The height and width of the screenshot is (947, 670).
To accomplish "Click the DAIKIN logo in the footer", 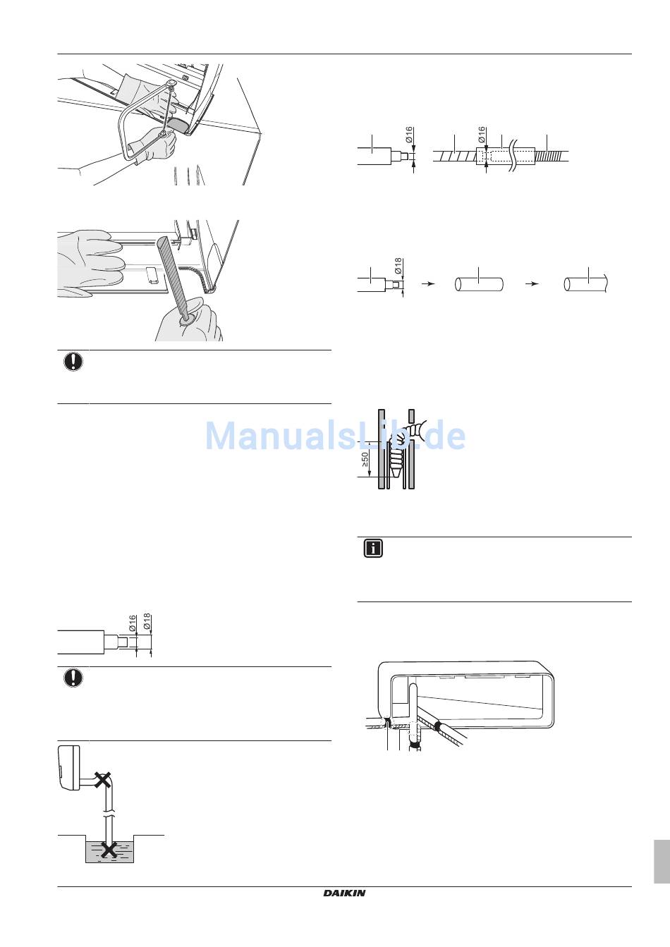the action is tap(344, 893).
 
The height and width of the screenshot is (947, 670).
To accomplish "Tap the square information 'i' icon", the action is tap(372, 549).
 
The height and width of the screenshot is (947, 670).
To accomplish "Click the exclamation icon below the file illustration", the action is tap(73, 362).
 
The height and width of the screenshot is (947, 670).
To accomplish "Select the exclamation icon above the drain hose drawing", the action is tap(73, 678).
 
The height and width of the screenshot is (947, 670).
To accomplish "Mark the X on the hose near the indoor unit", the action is tap(104, 780).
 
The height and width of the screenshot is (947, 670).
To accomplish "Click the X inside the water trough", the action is tap(109, 850).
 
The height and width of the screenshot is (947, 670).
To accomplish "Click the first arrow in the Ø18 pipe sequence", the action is tap(427, 283).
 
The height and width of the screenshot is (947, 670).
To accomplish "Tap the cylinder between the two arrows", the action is tap(479, 284).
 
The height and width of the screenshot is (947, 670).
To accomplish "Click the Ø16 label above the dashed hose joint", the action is tap(482, 135).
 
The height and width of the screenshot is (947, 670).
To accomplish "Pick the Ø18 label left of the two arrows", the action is tap(398, 267).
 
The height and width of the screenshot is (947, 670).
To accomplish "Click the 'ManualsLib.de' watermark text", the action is tap(335, 436).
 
